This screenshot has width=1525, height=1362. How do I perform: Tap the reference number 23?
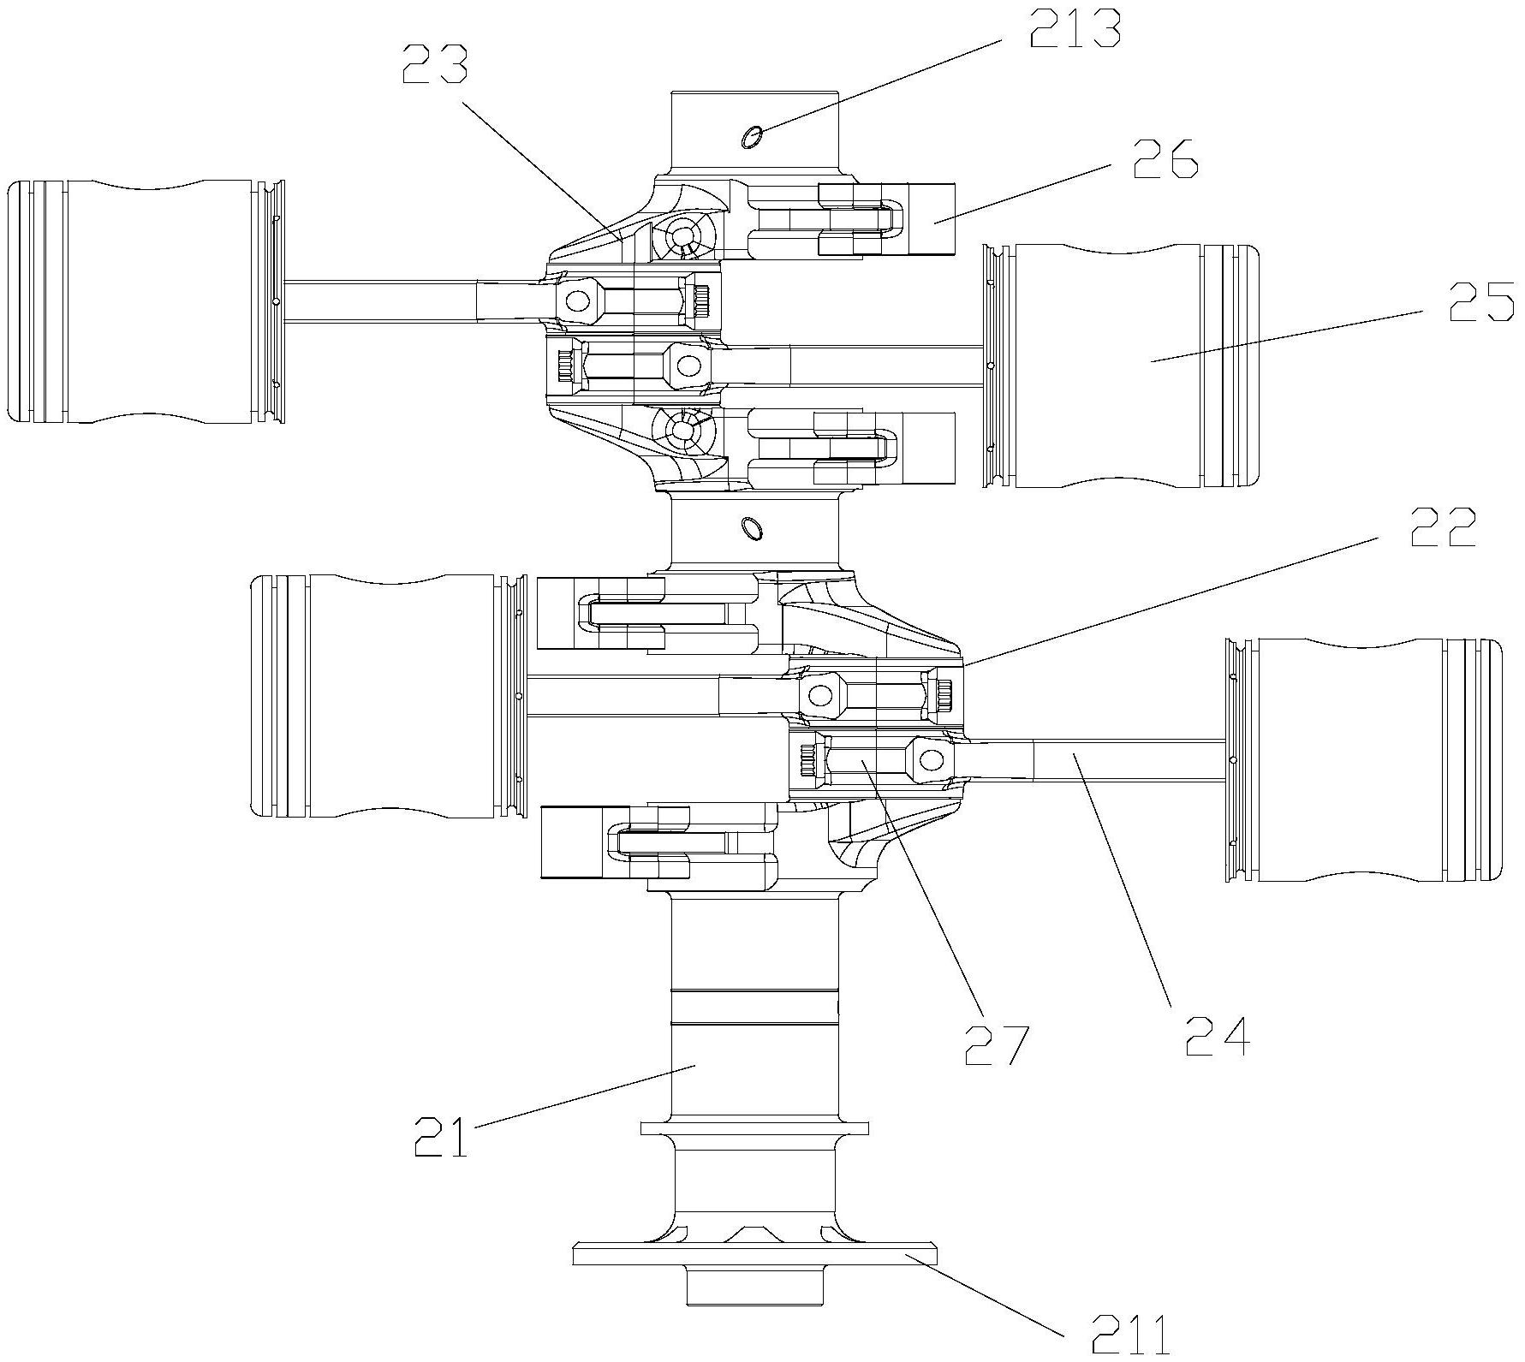click(x=435, y=63)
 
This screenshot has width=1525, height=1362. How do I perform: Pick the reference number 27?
click(x=996, y=1044)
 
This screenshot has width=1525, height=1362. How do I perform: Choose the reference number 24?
click(x=1218, y=1037)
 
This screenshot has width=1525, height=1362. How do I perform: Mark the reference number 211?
click(x=1129, y=1337)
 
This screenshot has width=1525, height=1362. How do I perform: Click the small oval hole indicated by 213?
click(x=751, y=135)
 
